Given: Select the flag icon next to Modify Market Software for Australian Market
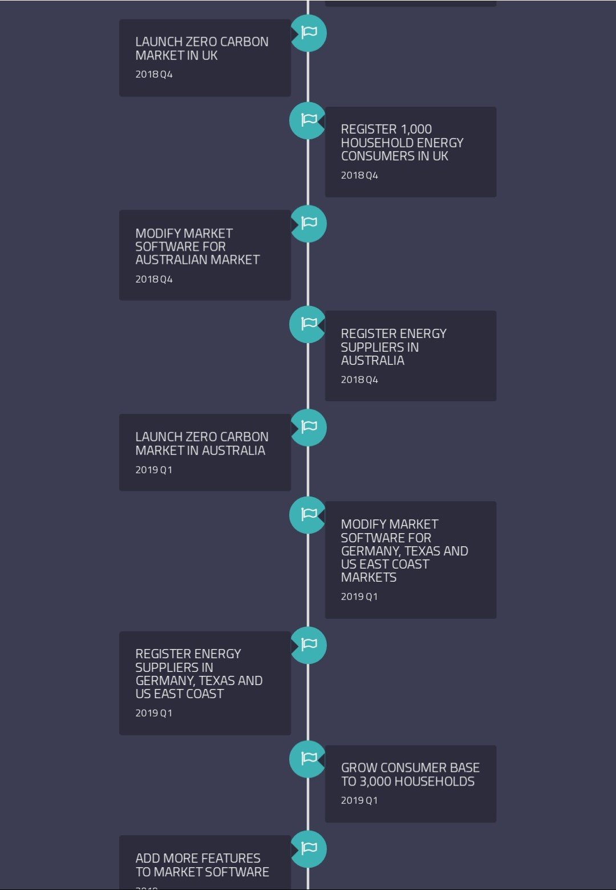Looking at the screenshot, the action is click(x=309, y=224).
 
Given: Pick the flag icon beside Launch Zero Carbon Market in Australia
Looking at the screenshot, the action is click(x=309, y=428).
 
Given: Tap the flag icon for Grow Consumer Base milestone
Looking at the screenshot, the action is click(x=307, y=759).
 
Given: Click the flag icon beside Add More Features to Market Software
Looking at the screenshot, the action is click(x=309, y=849).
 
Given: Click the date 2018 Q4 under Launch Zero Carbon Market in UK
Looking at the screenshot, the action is click(x=154, y=74).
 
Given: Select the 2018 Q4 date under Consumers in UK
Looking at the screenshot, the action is click(x=359, y=175).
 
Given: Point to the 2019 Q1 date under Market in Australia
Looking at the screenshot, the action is click(x=154, y=470).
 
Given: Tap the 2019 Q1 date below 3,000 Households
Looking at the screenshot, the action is click(x=359, y=800).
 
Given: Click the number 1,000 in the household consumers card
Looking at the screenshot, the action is click(x=416, y=130).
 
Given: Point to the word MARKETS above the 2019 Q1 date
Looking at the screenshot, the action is click(x=368, y=577).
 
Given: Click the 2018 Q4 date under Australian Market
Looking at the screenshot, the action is click(x=154, y=279).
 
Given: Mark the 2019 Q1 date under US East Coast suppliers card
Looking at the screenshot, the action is click(x=154, y=713).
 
